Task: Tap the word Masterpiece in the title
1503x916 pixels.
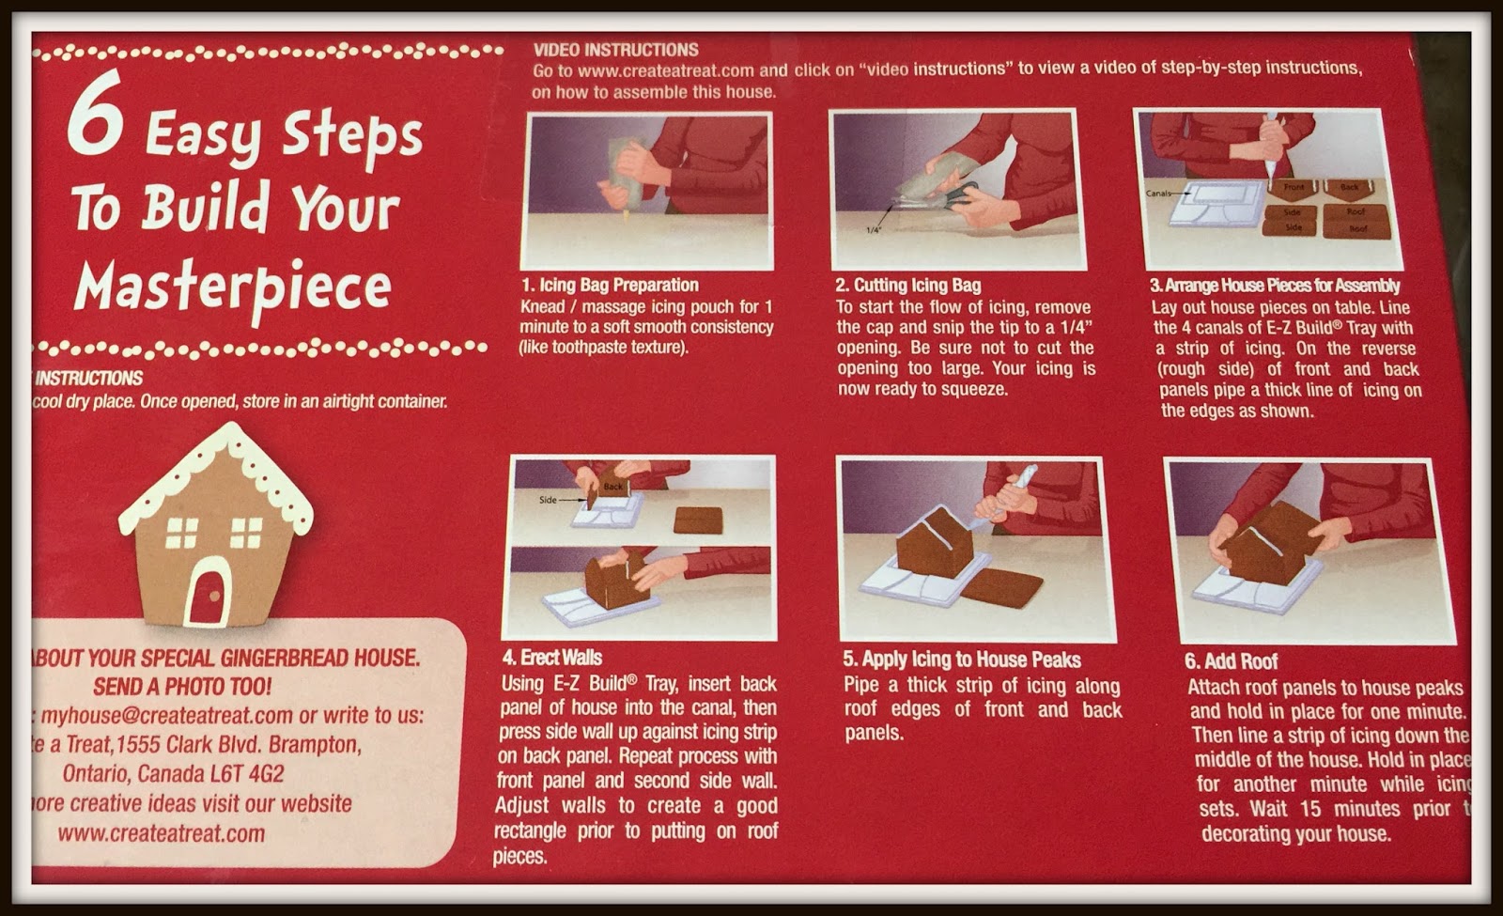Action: click(232, 287)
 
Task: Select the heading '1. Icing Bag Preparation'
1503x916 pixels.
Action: click(610, 285)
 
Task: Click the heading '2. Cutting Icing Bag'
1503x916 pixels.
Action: click(907, 285)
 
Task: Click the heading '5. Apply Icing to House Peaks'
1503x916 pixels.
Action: click(961, 660)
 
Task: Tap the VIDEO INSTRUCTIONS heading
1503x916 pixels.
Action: click(615, 50)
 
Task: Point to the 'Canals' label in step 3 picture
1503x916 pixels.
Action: click(1159, 194)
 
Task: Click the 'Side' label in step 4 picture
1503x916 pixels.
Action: click(548, 500)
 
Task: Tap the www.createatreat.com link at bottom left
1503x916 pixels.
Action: click(161, 833)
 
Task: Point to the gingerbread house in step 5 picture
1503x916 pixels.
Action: click(936, 545)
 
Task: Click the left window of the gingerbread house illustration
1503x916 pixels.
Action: click(181, 533)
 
